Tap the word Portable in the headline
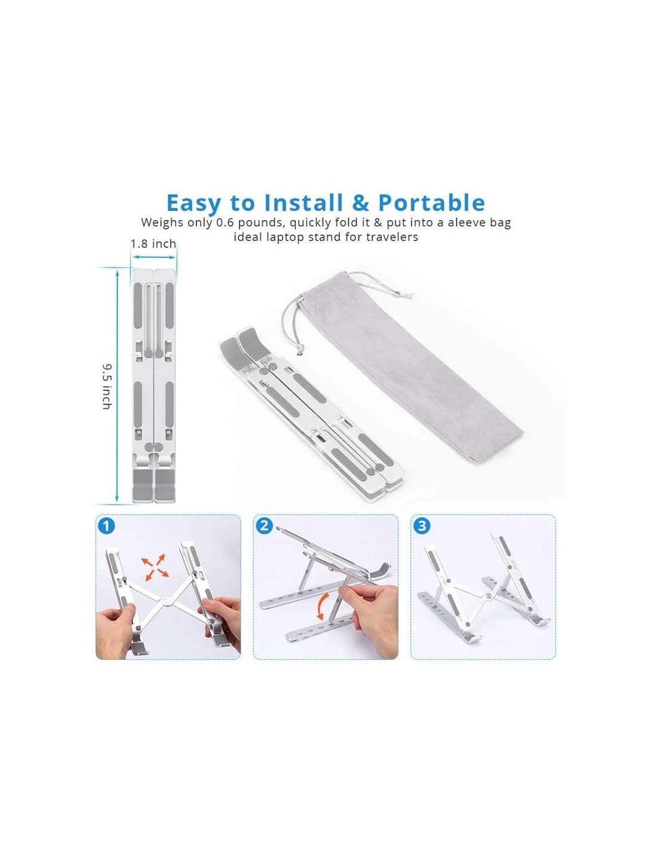click(x=431, y=203)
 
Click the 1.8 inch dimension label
click(x=153, y=244)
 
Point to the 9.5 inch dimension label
click(x=107, y=387)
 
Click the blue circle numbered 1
click(x=106, y=526)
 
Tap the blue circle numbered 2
click(x=264, y=525)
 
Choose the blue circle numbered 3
click(x=421, y=525)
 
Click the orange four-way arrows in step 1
click(x=155, y=567)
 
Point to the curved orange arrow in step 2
click(x=323, y=607)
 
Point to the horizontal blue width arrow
click(x=153, y=257)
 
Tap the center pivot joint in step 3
click(x=488, y=597)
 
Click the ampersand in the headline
click(x=360, y=203)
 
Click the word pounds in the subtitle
click(x=260, y=223)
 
